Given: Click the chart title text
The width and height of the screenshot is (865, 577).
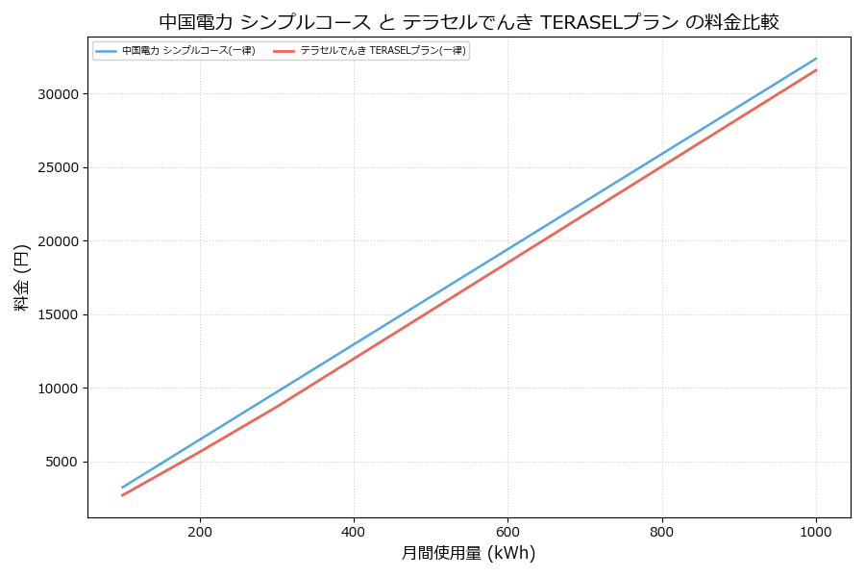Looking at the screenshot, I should click(x=468, y=22).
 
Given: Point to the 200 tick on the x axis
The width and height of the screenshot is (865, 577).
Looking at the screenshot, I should click(x=200, y=531).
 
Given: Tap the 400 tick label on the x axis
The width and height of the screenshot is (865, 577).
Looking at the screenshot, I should click(x=354, y=531).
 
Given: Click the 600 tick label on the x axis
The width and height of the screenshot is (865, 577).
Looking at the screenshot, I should click(x=507, y=531).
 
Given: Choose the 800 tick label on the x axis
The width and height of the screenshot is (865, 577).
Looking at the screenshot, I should click(x=662, y=531).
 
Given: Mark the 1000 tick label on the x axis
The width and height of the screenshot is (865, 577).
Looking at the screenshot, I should click(x=816, y=531).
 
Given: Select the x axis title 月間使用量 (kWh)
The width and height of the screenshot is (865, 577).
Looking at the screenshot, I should click(x=468, y=554).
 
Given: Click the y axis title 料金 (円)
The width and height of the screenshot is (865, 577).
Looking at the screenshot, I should click(x=22, y=277).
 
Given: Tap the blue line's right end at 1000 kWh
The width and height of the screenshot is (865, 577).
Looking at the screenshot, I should click(x=816, y=58).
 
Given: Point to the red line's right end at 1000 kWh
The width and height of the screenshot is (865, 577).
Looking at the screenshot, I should click(x=816, y=69).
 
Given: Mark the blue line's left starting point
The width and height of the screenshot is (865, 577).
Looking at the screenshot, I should click(x=122, y=488).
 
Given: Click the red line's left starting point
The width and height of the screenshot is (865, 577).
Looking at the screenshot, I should click(x=122, y=495).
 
